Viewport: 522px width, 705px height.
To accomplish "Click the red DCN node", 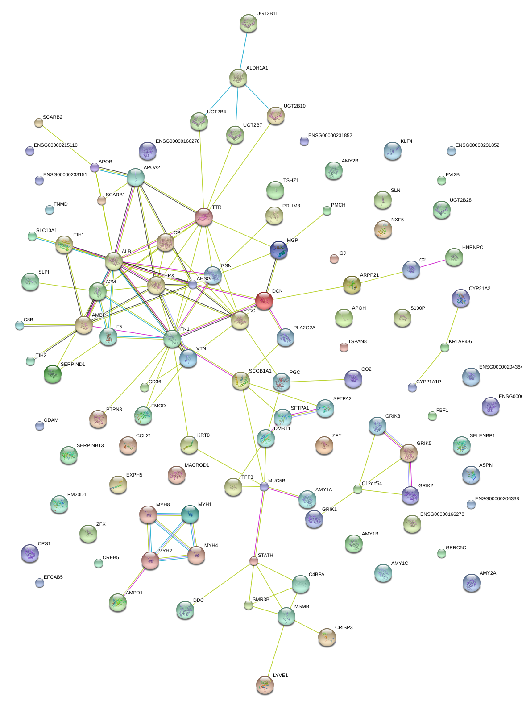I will [x=264, y=301].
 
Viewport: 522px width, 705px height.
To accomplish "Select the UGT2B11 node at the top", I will [x=248, y=23].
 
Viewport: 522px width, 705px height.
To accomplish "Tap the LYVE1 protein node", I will [x=265, y=684].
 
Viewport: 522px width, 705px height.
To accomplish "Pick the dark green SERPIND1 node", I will [x=53, y=374].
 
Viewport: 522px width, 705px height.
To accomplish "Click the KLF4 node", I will [x=392, y=151].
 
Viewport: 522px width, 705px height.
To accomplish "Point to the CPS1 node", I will [x=30, y=553].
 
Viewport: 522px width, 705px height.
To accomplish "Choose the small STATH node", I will [x=254, y=561].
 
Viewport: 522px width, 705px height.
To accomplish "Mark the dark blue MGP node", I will [x=279, y=250].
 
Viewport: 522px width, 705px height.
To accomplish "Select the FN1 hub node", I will [x=172, y=339].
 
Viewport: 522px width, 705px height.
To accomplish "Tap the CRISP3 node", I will [x=327, y=637].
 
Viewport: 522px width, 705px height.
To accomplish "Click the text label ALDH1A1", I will [x=257, y=68].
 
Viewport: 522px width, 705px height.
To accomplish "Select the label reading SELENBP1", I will [x=482, y=436].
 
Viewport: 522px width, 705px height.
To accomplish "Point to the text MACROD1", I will [x=197, y=465].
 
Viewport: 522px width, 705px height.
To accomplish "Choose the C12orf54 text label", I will [x=372, y=484].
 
